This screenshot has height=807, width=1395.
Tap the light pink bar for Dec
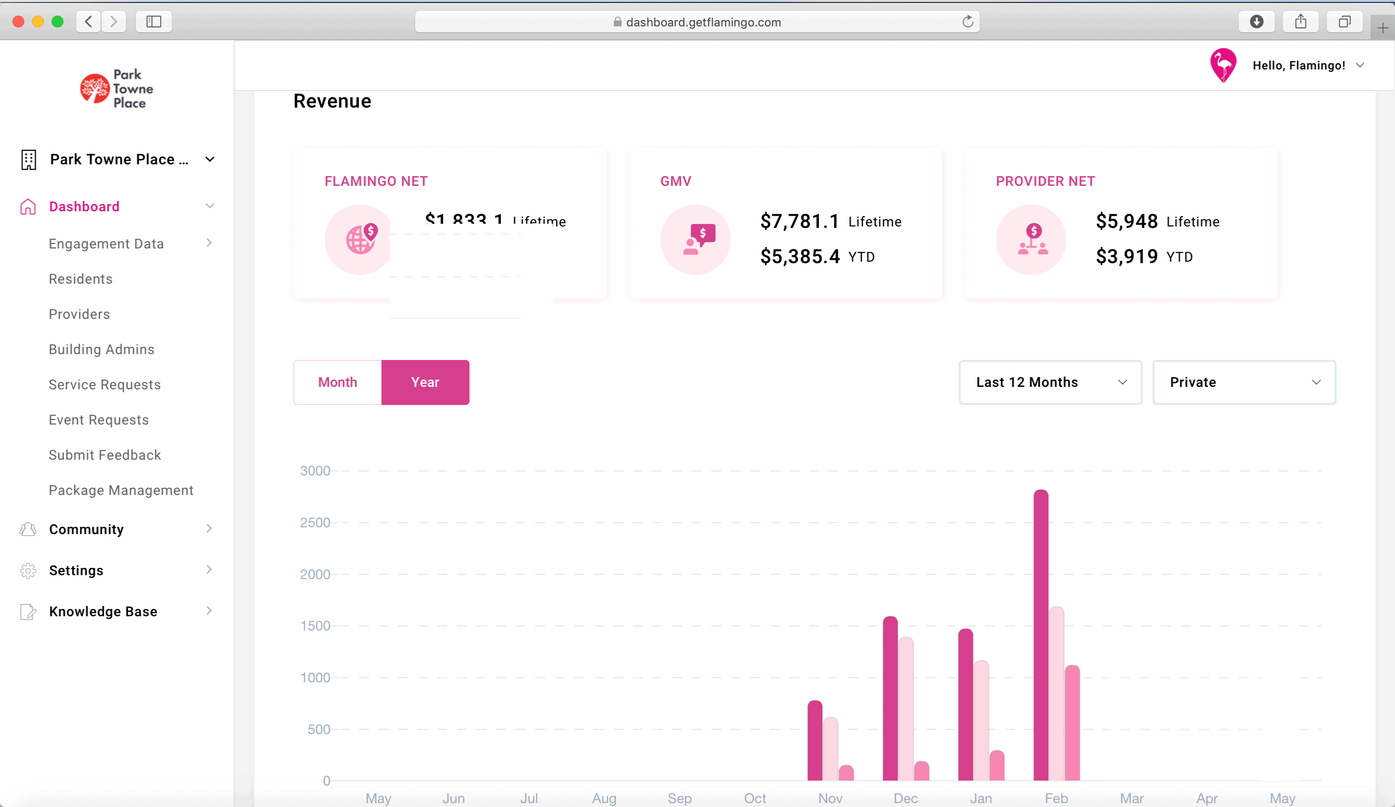tap(906, 709)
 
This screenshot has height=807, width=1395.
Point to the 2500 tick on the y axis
tap(315, 522)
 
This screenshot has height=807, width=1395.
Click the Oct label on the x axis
tap(755, 798)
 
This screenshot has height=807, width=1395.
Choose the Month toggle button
tap(337, 382)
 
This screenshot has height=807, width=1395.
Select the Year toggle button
tap(425, 382)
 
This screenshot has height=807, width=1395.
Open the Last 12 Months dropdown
tap(1050, 382)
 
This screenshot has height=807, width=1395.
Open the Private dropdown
tap(1244, 382)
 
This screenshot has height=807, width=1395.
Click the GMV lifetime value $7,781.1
tap(799, 222)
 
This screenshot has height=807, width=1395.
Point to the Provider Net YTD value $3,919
tap(1126, 257)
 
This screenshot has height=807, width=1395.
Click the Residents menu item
tap(81, 279)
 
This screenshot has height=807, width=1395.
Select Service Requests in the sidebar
tap(105, 385)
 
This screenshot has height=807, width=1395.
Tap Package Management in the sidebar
tap(121, 491)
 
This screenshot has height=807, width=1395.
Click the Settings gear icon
tap(28, 571)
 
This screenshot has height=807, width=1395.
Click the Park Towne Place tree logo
tap(95, 89)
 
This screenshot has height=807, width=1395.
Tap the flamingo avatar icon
tap(1223, 66)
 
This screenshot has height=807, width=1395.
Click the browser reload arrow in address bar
tap(967, 22)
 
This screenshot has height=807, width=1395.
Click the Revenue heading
tap(332, 101)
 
